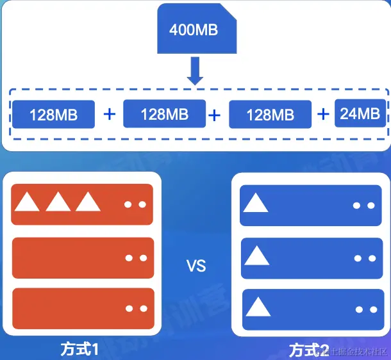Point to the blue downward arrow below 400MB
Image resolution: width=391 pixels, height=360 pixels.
[195, 71]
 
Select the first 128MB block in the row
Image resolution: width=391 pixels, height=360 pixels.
[53, 115]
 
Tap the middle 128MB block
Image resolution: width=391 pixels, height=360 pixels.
[164, 114]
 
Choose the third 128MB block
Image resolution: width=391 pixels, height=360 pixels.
[270, 115]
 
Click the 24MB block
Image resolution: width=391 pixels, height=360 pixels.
[360, 114]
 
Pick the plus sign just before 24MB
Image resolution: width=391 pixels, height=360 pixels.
[324, 114]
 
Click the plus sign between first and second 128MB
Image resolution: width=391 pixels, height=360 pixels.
[110, 115]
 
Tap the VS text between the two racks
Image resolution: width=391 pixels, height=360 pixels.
[195, 265]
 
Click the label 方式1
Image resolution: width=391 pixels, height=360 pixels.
[80, 350]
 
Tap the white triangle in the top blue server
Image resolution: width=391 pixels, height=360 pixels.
[256, 203]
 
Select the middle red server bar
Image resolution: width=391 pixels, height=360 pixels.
[83, 258]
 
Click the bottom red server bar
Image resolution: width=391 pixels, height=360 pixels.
[83, 309]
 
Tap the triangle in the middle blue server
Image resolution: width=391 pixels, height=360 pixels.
[256, 256]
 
